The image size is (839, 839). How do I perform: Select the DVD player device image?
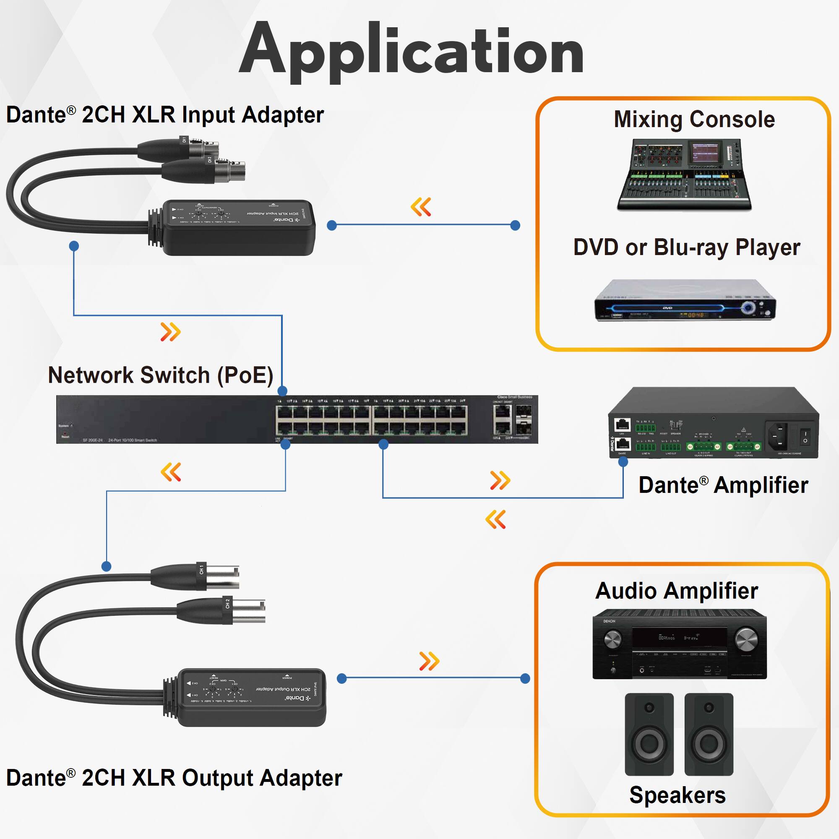[685, 300]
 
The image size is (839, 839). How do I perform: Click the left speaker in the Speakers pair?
[649, 734]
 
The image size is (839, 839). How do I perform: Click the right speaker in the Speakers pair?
[709, 734]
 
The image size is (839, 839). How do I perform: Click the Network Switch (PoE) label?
[161, 375]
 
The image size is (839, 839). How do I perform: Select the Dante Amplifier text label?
[723, 485]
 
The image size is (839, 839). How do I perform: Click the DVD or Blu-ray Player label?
[687, 248]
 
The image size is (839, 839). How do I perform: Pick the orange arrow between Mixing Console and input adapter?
[421, 207]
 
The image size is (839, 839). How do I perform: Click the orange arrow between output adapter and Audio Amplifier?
[429, 661]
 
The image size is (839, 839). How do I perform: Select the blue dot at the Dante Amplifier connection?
[623, 462]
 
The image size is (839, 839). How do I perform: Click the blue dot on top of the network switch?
[282, 391]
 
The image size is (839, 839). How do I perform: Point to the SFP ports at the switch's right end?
[523, 420]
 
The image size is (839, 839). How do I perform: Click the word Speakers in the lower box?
[677, 795]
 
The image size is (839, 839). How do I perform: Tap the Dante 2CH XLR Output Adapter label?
[174, 777]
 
